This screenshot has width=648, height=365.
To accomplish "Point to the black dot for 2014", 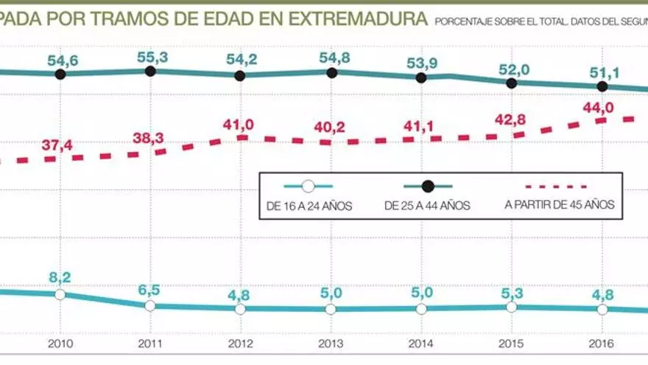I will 421,77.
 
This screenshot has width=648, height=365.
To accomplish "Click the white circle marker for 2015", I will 512,307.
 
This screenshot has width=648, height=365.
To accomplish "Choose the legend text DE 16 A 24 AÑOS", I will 309,206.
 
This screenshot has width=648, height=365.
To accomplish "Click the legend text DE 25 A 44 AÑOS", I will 427,206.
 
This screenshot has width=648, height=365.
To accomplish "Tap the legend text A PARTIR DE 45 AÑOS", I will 560,205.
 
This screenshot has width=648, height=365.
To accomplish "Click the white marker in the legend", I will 309,187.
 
